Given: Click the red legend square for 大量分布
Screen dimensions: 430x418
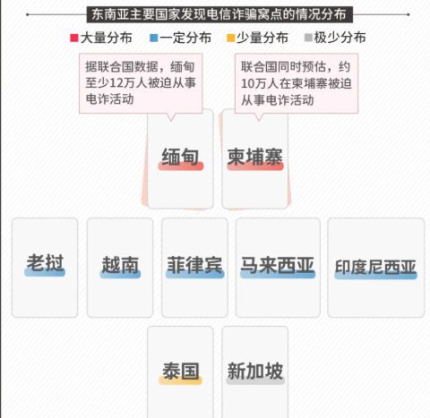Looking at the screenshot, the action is click(x=74, y=38).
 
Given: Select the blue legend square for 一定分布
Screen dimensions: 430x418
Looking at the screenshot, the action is click(x=153, y=38).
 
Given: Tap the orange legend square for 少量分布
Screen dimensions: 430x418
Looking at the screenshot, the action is click(x=231, y=38).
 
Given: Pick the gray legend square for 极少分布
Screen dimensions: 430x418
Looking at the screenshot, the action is click(x=308, y=38).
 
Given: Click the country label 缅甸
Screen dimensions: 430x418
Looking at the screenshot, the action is click(x=180, y=157).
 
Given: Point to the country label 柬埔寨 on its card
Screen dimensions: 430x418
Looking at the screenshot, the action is click(x=255, y=157).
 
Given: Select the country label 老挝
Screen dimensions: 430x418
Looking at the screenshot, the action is click(x=45, y=263).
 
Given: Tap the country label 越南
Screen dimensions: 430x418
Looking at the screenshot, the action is click(x=120, y=265).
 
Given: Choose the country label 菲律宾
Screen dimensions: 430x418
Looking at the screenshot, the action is click(x=194, y=265).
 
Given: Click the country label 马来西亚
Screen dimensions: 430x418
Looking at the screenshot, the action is click(x=278, y=265).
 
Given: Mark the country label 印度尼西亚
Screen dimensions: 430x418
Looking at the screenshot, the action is click(x=375, y=267).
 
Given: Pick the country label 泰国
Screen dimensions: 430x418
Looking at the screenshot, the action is click(x=181, y=371).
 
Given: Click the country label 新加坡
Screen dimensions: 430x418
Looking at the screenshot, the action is click(x=255, y=371).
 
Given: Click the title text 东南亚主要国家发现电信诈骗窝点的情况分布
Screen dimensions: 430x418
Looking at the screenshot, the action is click(x=219, y=14).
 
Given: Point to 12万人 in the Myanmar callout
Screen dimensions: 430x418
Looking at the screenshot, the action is click(x=128, y=82).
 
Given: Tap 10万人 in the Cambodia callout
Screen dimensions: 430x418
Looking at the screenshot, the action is click(x=260, y=83).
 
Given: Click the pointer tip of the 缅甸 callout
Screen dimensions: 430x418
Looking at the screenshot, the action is click(x=171, y=121).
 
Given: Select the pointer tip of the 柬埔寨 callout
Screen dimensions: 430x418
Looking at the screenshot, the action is click(x=259, y=121).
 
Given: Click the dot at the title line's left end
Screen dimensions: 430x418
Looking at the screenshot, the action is click(x=28, y=14).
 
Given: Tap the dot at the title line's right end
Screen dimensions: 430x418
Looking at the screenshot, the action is click(x=408, y=14).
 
